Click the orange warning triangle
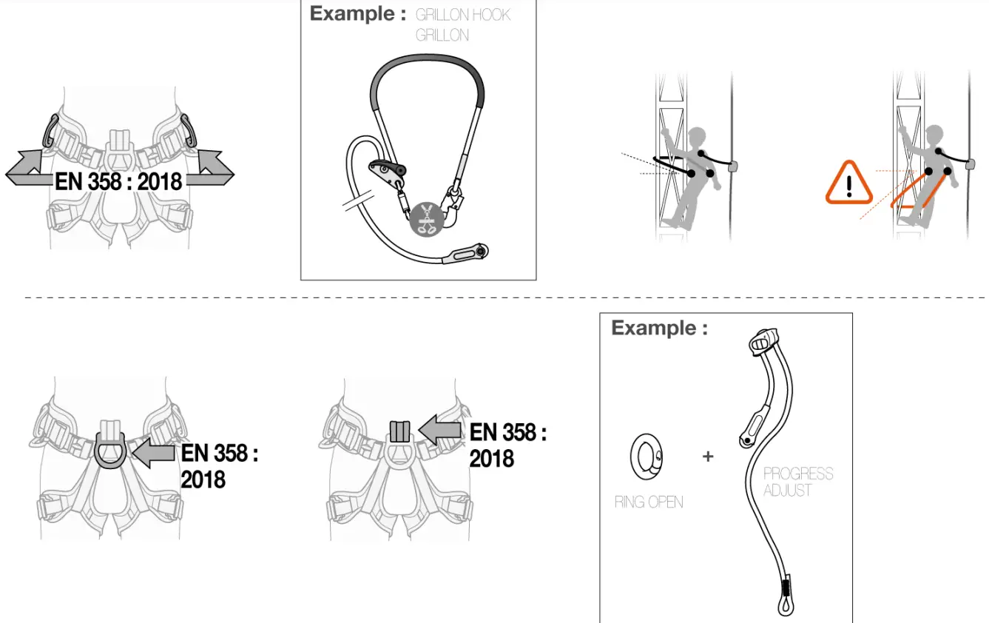tap(849, 183)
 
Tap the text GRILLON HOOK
tap(463, 15)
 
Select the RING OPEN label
tap(649, 502)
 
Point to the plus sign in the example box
tap(708, 457)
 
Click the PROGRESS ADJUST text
tap(797, 482)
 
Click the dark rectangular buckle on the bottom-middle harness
tap(399, 431)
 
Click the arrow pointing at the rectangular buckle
tap(442, 430)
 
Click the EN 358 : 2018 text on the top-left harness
tap(118, 181)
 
